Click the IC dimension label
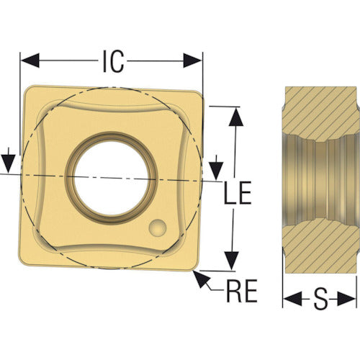point(114,61)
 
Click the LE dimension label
point(238,193)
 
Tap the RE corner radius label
point(242,291)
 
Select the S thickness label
point(320,299)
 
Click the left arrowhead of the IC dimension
point(30,60)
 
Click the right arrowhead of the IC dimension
point(193,60)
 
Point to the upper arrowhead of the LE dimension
point(236,117)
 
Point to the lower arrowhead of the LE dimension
point(232,261)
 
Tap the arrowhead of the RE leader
point(202,279)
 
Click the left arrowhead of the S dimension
point(292,299)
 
